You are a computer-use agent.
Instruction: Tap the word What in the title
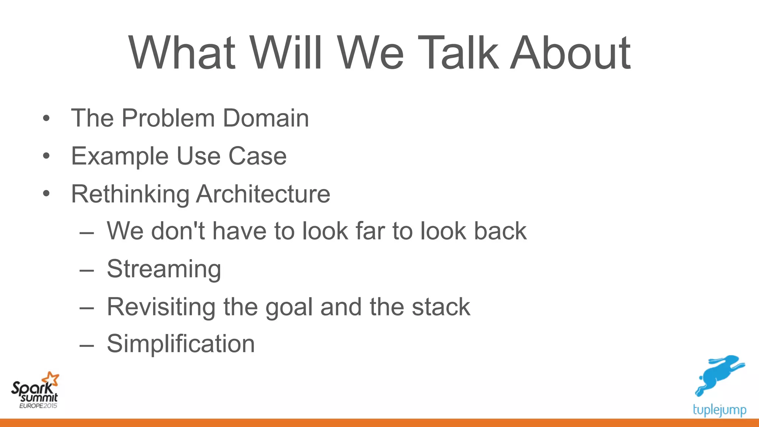point(182,53)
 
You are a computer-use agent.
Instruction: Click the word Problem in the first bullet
point(169,118)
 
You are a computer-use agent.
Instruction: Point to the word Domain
point(266,118)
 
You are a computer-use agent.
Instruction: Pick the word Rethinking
point(130,194)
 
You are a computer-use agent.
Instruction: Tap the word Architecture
point(263,194)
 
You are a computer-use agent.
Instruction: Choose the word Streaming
point(164,269)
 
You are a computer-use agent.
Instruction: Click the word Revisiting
point(161,307)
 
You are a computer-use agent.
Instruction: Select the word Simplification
point(181,344)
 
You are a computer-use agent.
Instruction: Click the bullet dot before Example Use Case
point(46,156)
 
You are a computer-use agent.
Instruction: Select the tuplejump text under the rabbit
point(719,410)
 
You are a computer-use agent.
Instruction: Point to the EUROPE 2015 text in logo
point(38,406)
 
